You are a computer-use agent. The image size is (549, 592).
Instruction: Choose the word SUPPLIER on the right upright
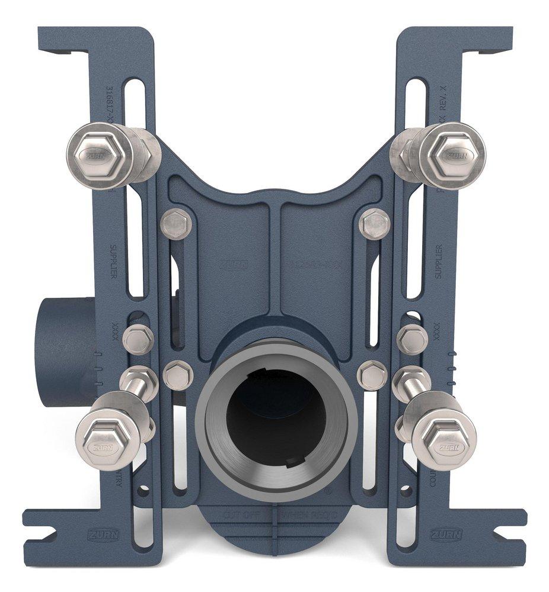point(438,260)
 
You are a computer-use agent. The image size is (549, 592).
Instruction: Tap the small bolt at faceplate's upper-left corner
point(175,223)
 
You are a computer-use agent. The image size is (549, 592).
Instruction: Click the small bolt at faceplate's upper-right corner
point(375,223)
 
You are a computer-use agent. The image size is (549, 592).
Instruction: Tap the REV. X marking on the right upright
point(442,95)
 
